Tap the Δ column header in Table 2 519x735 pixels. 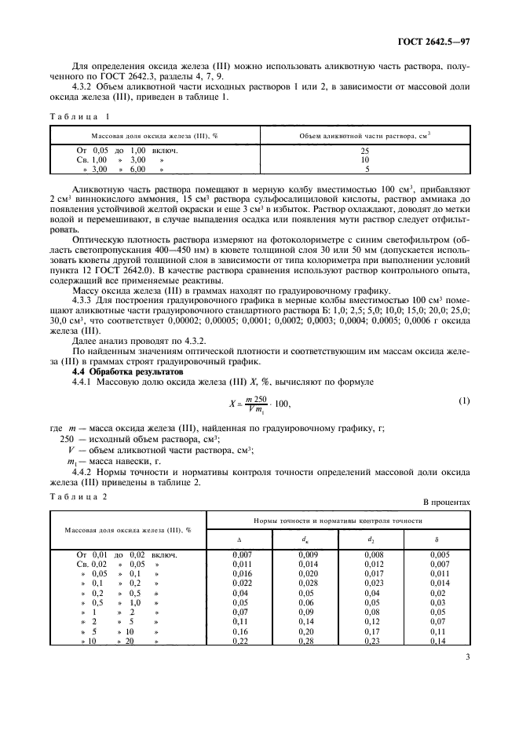click(239, 540)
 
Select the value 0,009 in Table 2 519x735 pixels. click(305, 555)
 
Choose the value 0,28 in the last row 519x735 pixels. click(305, 641)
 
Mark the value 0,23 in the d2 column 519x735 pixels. click(371, 641)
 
